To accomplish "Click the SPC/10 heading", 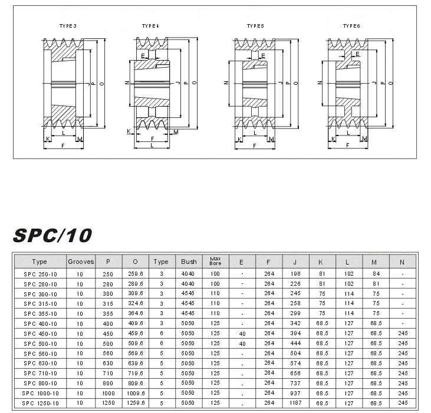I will coord(53,234).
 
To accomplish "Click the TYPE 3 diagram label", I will coord(68,27).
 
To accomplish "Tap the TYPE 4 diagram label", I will coord(150,27).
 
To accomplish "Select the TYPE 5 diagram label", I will coord(255,27).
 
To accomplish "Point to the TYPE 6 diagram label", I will coord(351,27).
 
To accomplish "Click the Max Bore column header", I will coord(215,261).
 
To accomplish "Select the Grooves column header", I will coord(81,262).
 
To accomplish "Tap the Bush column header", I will coord(189,262).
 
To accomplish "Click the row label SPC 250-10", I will coord(41,274).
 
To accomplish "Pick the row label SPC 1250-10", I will coord(41,404).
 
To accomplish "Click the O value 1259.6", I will coord(136,404).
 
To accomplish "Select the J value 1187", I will coord(296,404).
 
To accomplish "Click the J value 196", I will coord(296,274).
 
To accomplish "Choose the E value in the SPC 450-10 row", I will coord(242,333).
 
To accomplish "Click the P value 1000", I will coord(108,393).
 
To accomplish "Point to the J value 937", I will coord(296,393).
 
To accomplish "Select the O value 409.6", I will coord(136,323).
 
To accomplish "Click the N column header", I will coord(403,262).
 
